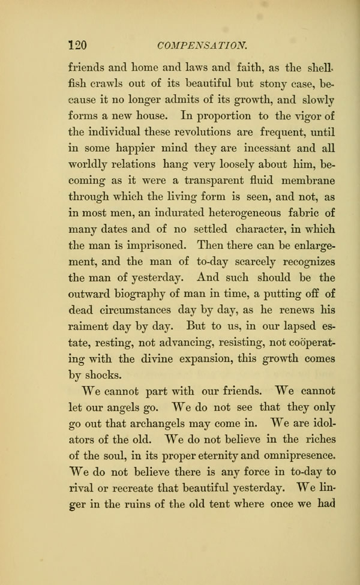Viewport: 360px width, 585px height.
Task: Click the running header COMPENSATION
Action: [201, 44]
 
